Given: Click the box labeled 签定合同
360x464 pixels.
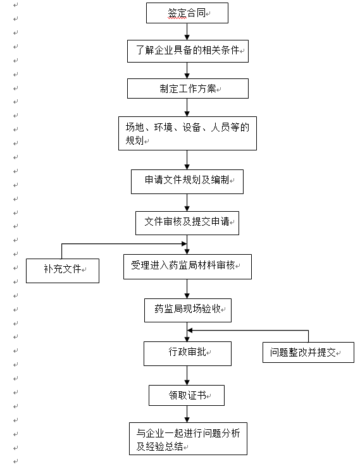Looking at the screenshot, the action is (187, 13).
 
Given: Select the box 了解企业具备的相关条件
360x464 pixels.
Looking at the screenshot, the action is (188, 51).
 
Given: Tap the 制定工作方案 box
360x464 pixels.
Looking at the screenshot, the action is (188, 88).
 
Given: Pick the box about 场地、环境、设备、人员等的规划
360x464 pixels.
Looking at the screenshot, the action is (187, 133).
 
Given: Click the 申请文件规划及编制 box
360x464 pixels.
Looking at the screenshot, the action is (187, 181).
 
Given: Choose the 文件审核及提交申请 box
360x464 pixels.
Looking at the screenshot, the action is (187, 223).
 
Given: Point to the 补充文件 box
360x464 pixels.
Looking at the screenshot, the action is (63, 271).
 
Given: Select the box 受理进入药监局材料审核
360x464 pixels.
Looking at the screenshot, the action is (187, 267).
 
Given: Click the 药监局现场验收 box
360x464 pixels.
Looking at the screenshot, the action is (188, 310).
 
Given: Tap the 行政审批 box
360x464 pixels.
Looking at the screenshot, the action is (187, 353).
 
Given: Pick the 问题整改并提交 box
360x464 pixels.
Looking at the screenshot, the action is (308, 353).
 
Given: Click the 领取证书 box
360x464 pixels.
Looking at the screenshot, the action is (187, 395).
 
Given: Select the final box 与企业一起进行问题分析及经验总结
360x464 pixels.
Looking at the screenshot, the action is (188, 439).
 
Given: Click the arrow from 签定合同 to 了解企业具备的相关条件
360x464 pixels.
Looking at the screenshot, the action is (187, 32).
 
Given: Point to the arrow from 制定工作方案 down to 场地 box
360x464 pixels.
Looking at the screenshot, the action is (187, 107).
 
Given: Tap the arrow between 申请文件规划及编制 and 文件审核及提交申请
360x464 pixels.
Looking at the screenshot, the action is (187, 203).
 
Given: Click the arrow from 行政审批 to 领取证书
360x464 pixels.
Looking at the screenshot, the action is (187, 375).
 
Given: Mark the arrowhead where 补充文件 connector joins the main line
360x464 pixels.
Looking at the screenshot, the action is (184, 243).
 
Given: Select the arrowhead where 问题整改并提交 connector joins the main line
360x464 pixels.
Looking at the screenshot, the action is (190, 330).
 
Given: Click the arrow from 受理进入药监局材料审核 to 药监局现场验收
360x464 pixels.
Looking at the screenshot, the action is (187, 289).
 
